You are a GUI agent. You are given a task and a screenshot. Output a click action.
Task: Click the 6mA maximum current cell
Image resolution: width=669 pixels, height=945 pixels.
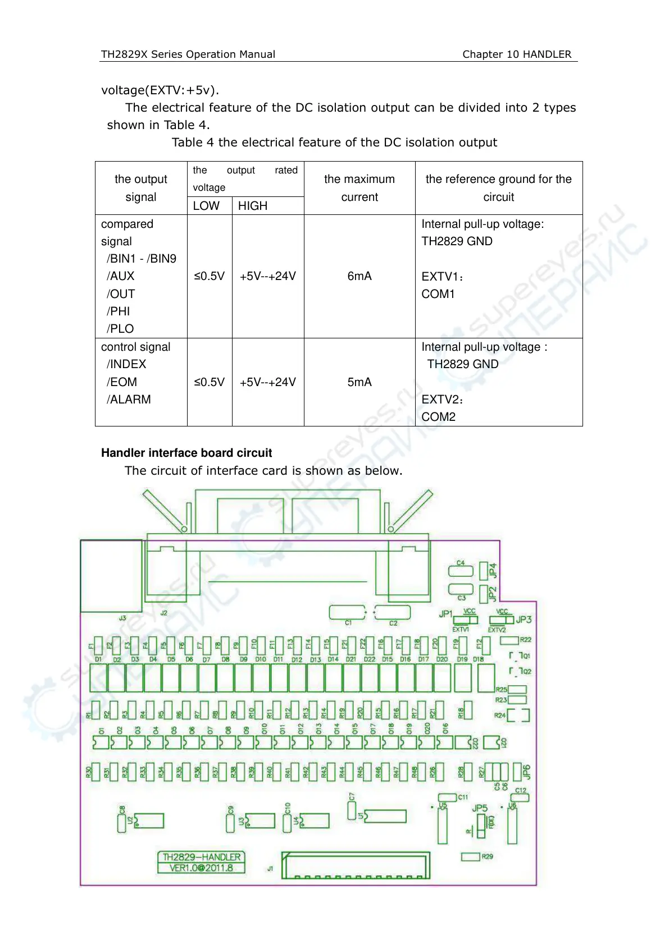[359, 276]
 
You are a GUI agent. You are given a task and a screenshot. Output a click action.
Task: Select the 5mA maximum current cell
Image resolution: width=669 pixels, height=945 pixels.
[359, 382]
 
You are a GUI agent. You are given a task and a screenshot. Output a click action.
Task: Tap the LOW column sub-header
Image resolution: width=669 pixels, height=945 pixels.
[206, 206]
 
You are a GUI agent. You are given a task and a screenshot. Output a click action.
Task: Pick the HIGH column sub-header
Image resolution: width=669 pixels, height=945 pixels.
[253, 206]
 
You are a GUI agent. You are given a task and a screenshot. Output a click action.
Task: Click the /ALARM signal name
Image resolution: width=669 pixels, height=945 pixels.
[129, 400]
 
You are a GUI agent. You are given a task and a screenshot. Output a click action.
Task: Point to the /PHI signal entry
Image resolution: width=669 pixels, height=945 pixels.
[119, 311]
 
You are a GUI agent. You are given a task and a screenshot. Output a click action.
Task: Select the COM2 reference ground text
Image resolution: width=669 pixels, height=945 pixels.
[439, 417]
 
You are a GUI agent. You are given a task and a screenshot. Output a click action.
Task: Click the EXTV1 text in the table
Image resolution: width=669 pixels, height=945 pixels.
[442, 277]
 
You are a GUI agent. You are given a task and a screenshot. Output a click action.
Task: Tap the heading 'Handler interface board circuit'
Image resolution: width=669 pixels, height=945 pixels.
[186, 453]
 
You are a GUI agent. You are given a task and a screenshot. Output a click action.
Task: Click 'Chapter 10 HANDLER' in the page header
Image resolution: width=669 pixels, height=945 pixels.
[517, 54]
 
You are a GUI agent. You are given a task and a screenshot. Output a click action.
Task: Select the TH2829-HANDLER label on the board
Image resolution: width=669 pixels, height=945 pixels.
[201, 857]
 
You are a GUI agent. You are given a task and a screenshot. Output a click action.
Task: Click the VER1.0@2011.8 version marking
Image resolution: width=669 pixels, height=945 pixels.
[201, 868]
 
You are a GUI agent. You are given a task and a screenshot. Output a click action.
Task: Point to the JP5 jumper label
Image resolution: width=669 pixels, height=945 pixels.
[480, 808]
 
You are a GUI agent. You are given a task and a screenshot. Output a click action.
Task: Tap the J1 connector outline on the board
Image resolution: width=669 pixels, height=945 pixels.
[356, 866]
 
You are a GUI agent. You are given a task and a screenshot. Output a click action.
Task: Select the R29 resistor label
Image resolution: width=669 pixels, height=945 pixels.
[487, 856]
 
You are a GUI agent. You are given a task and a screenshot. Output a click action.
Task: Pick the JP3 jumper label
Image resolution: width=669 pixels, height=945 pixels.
[524, 620]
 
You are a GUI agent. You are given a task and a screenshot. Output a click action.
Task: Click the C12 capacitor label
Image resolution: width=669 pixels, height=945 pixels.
[521, 790]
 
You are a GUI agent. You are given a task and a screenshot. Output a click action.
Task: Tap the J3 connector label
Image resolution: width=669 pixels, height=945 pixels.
[122, 618]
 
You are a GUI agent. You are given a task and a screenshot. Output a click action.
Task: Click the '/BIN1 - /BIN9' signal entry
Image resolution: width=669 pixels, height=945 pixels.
[142, 259]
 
